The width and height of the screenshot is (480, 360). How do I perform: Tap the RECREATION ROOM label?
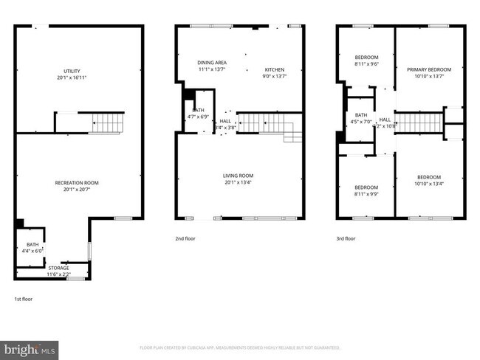point(77,183)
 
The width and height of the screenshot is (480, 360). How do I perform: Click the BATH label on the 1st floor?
point(32,244)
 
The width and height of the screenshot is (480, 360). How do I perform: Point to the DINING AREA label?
point(211,63)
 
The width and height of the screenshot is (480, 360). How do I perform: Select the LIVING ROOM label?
point(239,176)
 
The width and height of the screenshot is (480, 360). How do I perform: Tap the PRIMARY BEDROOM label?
point(428,70)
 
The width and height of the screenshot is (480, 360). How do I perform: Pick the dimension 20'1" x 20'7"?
point(77,190)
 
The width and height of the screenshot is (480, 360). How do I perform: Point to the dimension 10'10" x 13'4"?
point(428,184)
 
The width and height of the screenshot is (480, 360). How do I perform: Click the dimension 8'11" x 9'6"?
point(366,64)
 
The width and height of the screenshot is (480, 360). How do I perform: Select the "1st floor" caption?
point(24,299)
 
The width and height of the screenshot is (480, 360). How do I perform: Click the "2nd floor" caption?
point(185,238)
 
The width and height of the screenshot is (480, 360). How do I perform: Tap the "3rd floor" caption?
point(346,238)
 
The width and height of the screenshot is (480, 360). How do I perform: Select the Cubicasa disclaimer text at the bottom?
point(240,347)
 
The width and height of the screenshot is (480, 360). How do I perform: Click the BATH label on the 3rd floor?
point(361,115)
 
